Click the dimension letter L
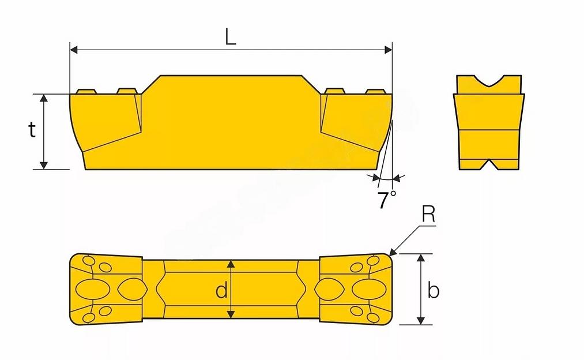[231, 37]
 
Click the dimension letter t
[32, 130]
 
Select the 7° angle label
[387, 200]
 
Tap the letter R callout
[428, 214]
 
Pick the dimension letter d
[221, 290]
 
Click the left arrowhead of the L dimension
[74, 50]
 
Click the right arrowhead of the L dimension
[388, 50]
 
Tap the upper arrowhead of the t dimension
[44, 99]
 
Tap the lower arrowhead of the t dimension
[44, 165]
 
